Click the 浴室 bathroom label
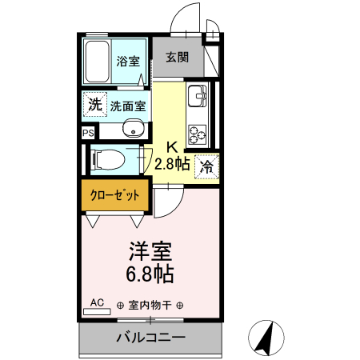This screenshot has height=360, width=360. (x=127, y=60)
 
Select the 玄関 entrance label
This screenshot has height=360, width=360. (x=177, y=57)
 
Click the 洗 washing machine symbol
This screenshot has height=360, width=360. (x=95, y=104)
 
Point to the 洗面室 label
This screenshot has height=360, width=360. (x=128, y=105)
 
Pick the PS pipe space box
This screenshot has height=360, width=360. (x=87, y=134)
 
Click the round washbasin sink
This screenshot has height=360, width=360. (x=133, y=130)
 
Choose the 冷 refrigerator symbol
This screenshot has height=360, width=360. (x=206, y=166)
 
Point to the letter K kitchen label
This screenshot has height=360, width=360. (x=171, y=147)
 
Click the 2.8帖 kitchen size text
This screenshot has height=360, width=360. (x=171, y=164)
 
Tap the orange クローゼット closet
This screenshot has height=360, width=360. (x=114, y=194)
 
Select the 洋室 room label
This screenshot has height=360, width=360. (x=150, y=251)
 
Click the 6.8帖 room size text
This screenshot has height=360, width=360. (x=150, y=274)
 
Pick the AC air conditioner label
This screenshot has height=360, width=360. (x=97, y=302)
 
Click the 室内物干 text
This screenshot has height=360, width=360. (x=150, y=305)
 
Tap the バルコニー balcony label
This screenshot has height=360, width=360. (x=150, y=337)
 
